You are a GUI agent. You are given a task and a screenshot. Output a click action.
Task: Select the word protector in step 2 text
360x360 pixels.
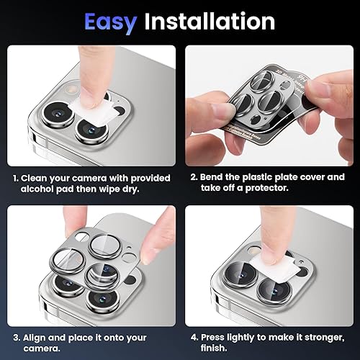(x=271, y=189)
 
